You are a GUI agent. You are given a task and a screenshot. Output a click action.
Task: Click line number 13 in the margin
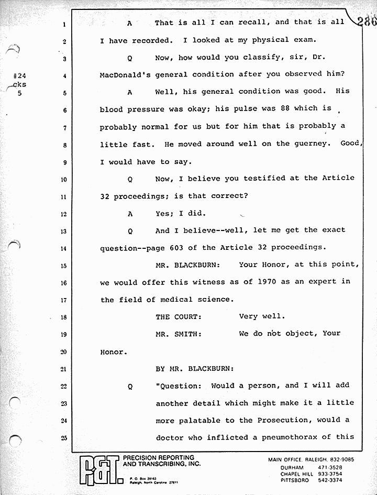click(x=63, y=231)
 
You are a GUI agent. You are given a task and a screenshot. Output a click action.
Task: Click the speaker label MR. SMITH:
click(x=179, y=334)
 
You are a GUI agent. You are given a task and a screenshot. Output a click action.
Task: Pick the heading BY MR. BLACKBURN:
click(x=195, y=369)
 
